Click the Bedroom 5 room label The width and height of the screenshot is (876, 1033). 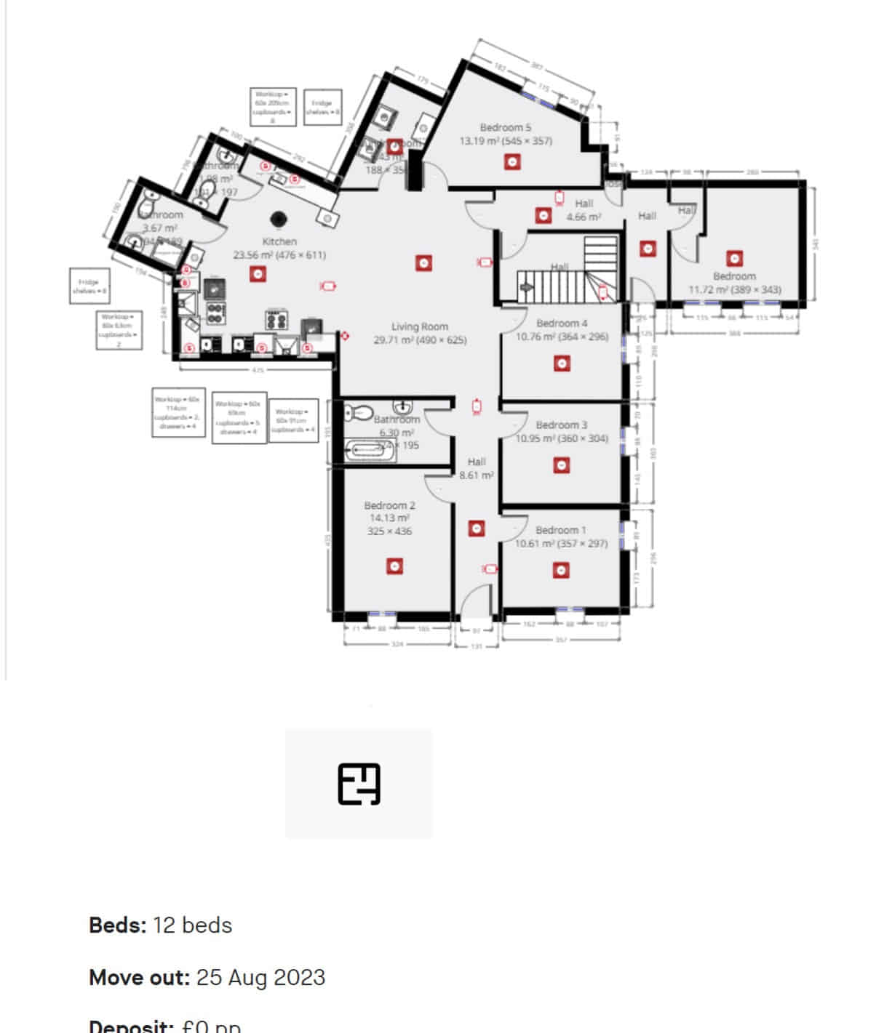point(505,128)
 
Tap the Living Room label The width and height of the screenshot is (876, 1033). point(420,327)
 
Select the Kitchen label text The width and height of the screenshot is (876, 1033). point(279,241)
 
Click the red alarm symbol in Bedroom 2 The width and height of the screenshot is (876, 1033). point(394,566)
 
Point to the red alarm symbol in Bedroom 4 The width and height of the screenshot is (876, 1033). point(561,363)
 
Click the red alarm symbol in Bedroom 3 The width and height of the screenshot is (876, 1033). point(561,465)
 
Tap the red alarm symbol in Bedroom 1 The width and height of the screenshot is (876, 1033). point(561,571)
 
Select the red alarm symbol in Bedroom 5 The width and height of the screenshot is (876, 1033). point(513,162)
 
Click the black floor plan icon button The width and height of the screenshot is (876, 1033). point(359,784)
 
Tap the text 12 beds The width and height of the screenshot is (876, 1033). point(193,925)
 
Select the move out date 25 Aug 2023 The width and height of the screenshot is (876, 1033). point(260,977)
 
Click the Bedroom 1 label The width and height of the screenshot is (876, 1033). point(560,531)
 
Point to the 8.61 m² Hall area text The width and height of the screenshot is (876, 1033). point(477,475)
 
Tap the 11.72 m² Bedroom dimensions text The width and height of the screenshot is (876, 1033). point(735,290)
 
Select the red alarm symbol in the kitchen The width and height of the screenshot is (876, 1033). point(257,274)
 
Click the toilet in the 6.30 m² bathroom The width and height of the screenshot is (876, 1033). point(357,414)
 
